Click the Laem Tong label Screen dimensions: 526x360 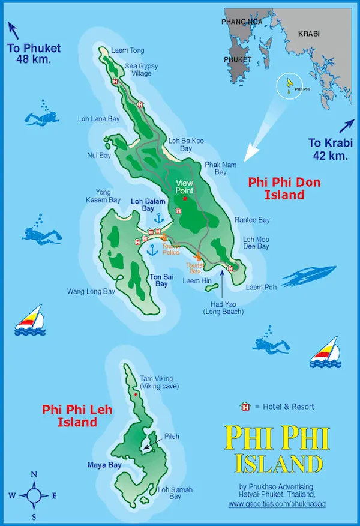pyautogui.click(x=127, y=50)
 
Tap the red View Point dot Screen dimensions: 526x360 pyautogui.click(x=185, y=198)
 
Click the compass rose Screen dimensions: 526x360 pyautogui.click(x=34, y=495)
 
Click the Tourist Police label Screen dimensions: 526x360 pyautogui.click(x=170, y=249)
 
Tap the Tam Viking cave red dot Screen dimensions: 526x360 pyautogui.click(x=136, y=394)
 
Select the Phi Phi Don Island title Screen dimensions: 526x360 pyautogui.click(x=284, y=188)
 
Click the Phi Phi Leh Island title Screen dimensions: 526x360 pyautogui.click(x=70, y=416)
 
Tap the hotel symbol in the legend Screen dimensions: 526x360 pyautogui.click(x=245, y=407)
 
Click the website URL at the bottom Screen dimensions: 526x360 pyautogui.click(x=277, y=504)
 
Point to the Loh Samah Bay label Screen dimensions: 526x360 pyautogui.click(x=175, y=493)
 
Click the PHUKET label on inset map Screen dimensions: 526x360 pyautogui.click(x=238, y=60)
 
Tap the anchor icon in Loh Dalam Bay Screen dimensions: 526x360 pyautogui.click(x=160, y=217)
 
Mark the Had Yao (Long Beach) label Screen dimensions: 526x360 pyautogui.click(x=223, y=307)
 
